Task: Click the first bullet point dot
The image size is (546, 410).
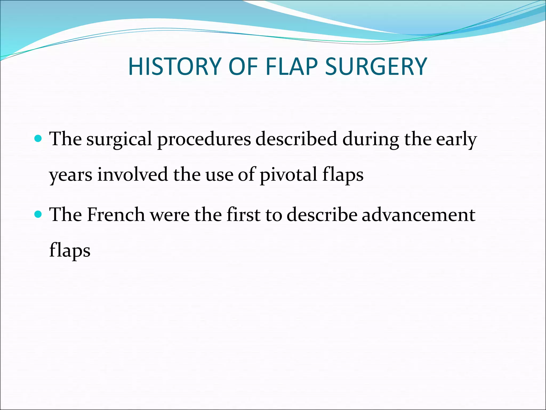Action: point(38,139)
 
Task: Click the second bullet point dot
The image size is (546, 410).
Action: point(38,214)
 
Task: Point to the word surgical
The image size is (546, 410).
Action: point(119,139)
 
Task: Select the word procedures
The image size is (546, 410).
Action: point(204,139)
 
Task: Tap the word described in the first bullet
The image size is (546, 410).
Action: point(296,139)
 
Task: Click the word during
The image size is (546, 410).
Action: point(371,139)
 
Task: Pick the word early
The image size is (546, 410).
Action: point(456,139)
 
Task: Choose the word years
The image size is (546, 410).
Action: point(71,175)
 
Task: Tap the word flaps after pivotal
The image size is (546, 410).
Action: point(343,175)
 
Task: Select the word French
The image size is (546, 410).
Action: point(116,215)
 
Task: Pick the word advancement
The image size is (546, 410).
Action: point(418,215)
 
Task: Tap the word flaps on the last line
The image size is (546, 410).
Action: point(70,250)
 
